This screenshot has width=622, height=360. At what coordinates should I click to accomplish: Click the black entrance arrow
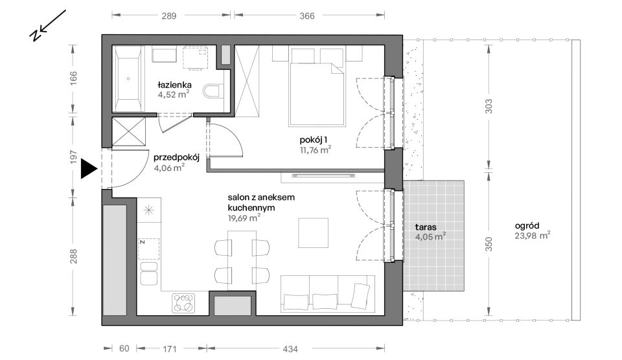[x=89, y=169]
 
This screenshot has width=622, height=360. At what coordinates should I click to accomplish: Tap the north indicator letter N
[x=35, y=35]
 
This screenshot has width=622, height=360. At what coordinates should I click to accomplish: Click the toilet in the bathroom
[x=213, y=91]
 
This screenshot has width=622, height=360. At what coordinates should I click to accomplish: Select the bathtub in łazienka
[x=128, y=78]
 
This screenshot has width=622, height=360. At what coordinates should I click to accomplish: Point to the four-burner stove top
[x=183, y=304]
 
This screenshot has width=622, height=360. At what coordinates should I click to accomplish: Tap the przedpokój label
[x=176, y=157]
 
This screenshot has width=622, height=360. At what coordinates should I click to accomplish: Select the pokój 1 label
[x=314, y=140]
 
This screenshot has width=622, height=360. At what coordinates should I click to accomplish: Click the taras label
[x=426, y=227]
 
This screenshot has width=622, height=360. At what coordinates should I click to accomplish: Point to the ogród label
[x=527, y=226]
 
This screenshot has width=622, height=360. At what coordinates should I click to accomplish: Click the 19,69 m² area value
[x=244, y=218]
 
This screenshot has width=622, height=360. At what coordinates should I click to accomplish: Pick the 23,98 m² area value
[x=532, y=236]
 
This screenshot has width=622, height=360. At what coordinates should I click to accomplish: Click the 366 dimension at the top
[x=307, y=16]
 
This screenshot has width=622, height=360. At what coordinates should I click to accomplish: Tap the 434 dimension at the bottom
[x=290, y=349]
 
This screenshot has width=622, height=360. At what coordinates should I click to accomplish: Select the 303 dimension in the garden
[x=489, y=106]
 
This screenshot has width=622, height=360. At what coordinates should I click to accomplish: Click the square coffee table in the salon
[x=314, y=232]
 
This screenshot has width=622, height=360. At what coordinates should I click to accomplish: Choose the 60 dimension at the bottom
[x=124, y=348]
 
